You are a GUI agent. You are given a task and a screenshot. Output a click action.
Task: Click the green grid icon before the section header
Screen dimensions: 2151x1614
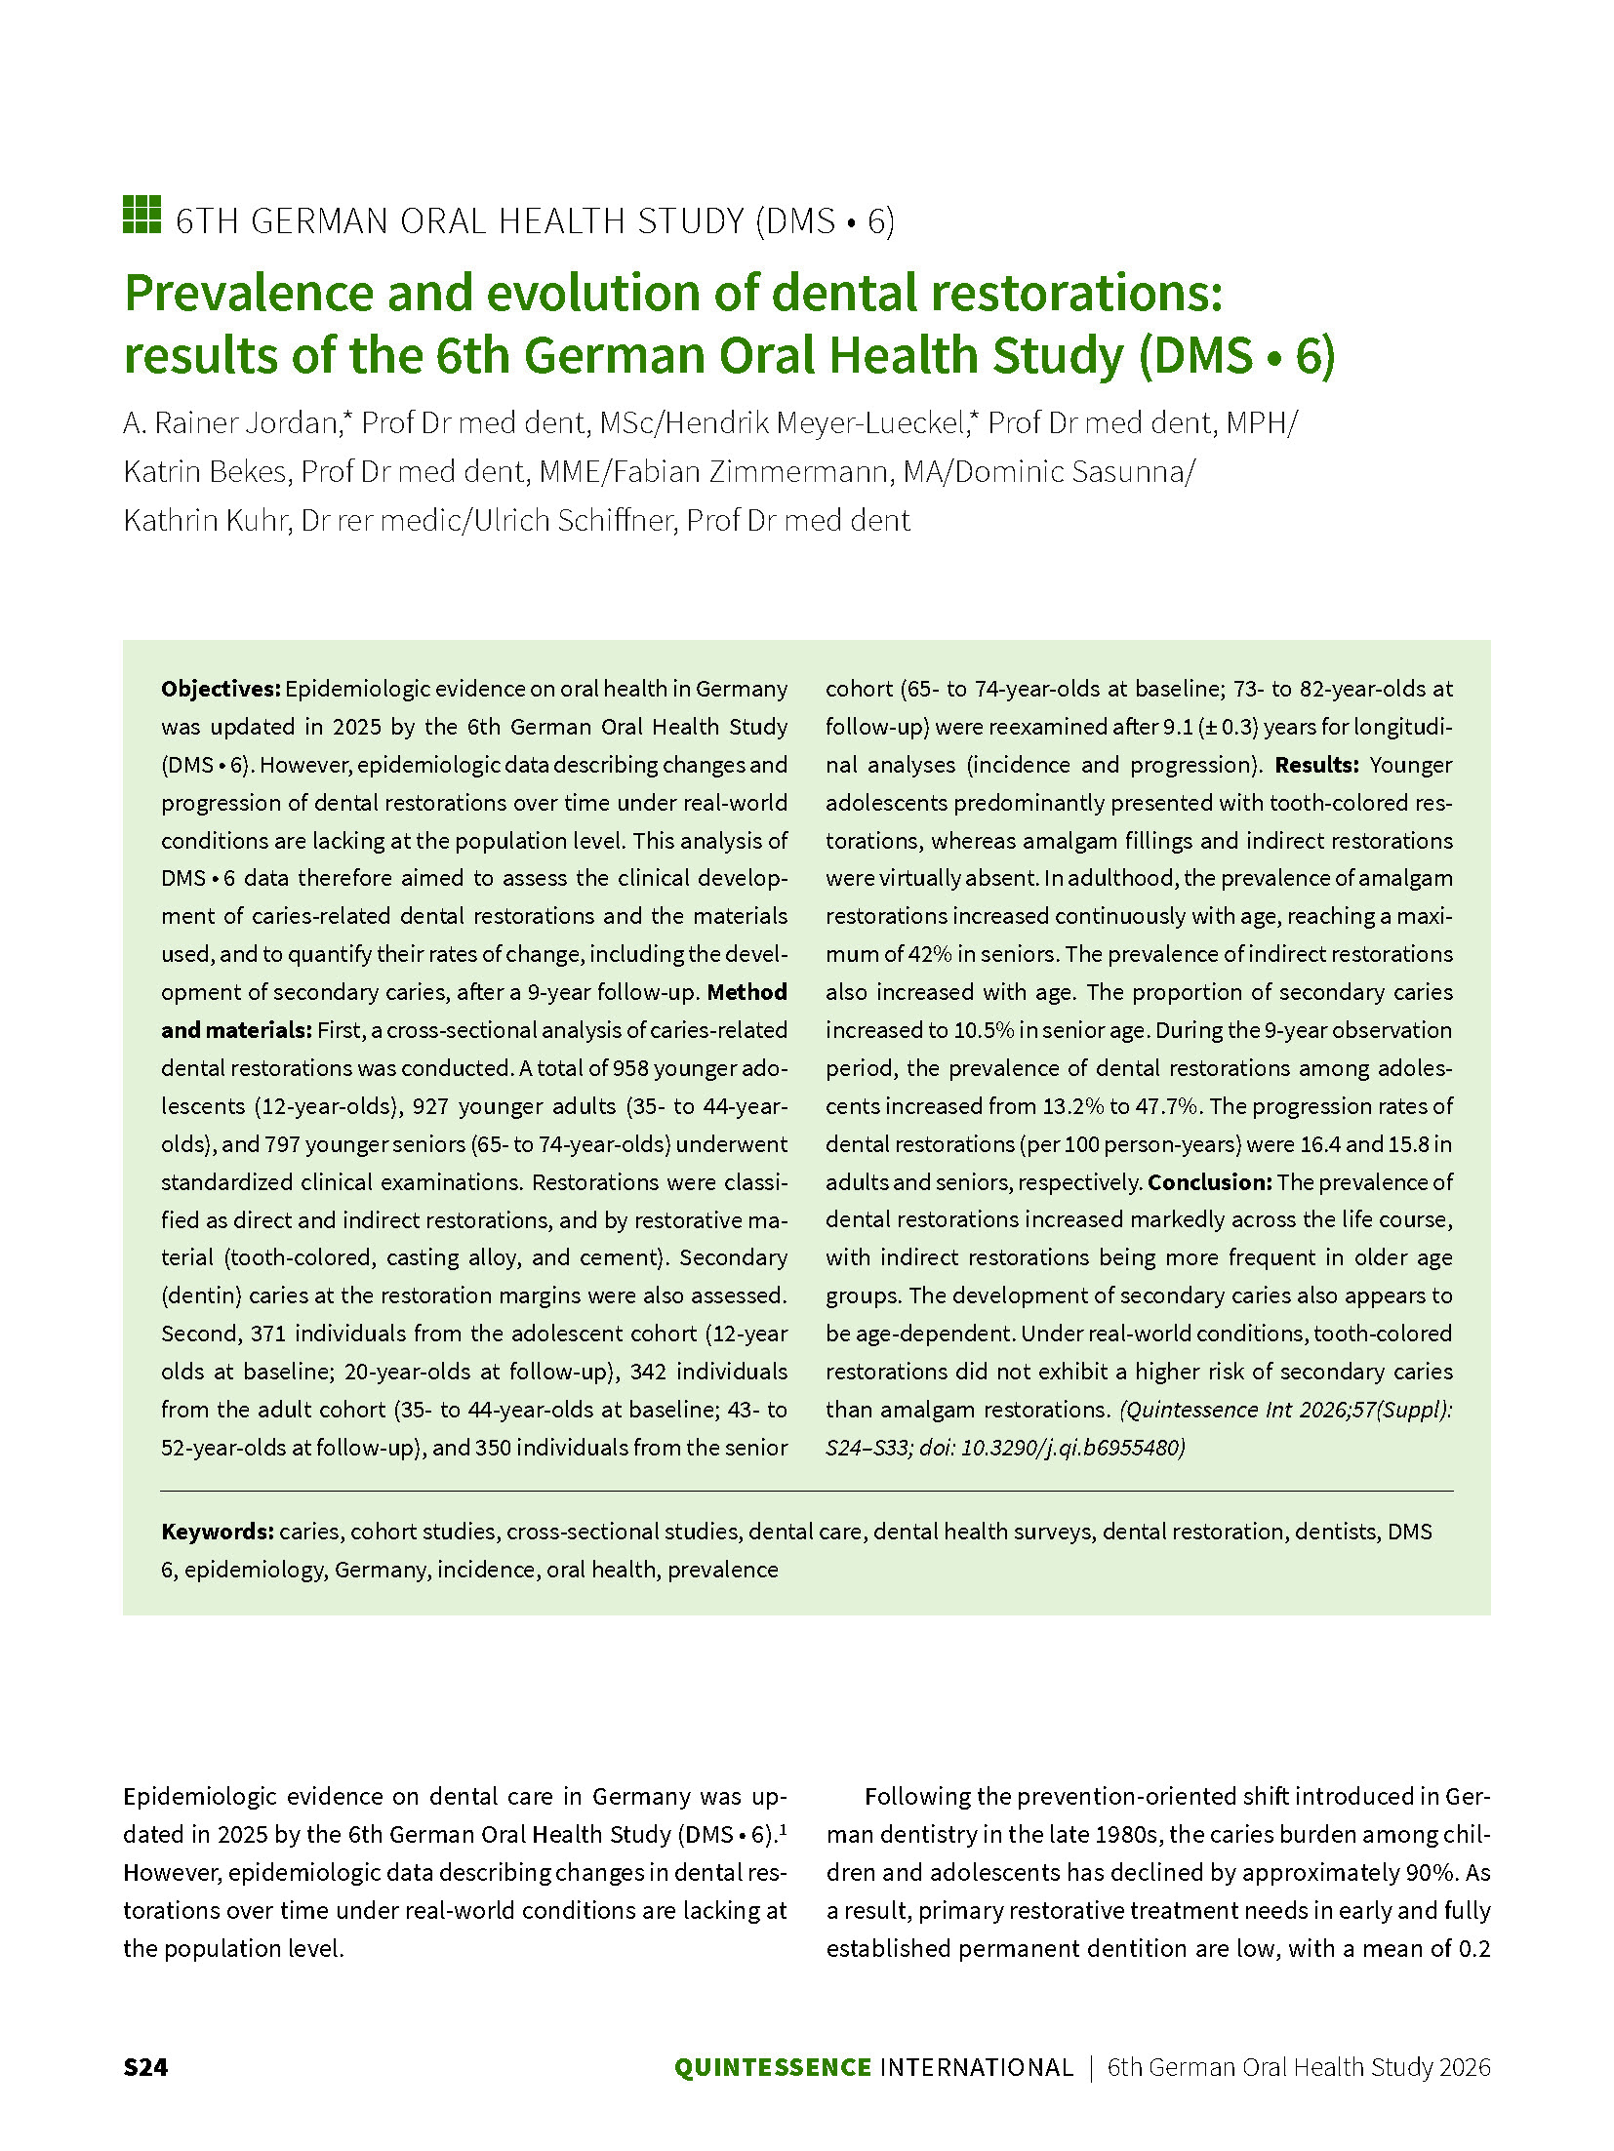(141, 215)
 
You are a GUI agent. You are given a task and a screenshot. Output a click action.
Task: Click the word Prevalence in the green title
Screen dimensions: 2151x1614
(249, 293)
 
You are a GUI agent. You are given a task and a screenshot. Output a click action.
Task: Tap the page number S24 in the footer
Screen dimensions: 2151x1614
(145, 2067)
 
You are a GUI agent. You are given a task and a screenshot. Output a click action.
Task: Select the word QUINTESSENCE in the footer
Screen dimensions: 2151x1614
(772, 2067)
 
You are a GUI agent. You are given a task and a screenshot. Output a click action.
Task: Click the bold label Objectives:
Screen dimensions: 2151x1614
(221, 689)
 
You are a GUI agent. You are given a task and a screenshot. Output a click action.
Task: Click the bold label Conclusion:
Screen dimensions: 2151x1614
(1209, 1182)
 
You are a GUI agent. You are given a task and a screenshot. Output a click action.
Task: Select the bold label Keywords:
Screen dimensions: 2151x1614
(218, 1532)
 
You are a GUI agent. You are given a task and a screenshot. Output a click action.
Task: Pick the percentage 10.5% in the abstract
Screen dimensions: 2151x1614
(984, 1030)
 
